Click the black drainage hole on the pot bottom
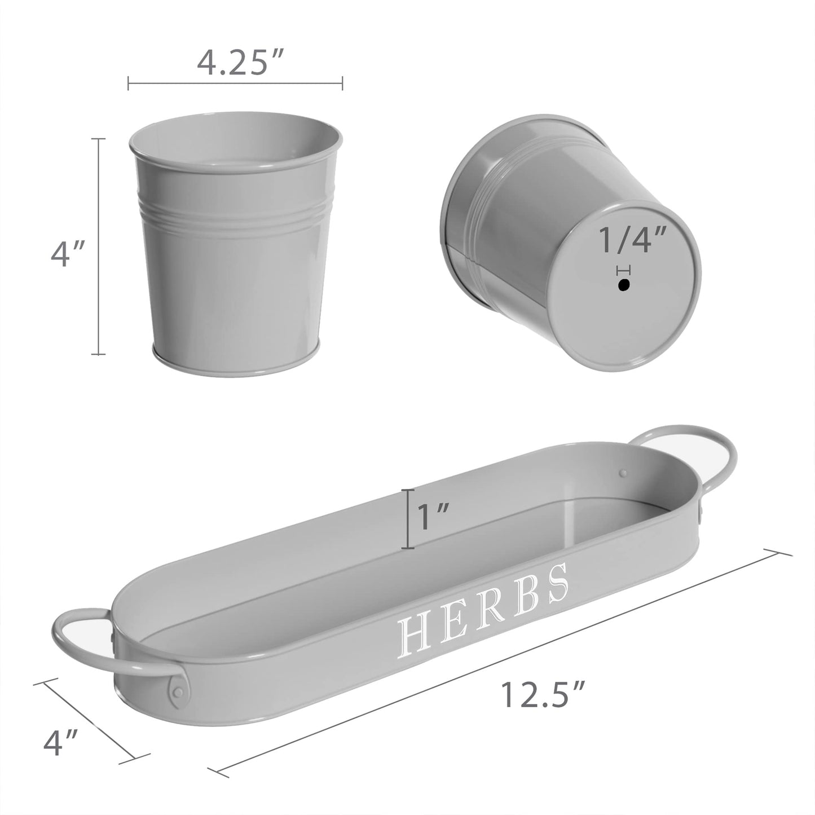click(623, 286)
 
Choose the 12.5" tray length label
click(542, 694)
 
